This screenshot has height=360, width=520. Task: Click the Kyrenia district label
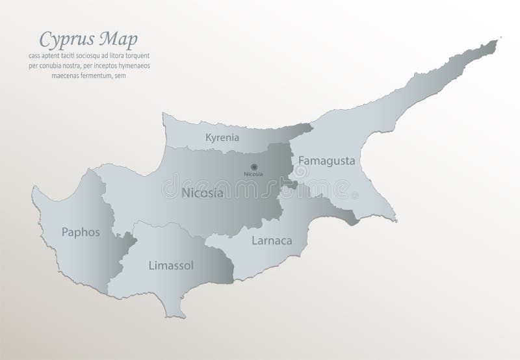point(222,138)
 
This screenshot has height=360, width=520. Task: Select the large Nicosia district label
point(203,193)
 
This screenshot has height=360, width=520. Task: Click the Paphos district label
point(81,231)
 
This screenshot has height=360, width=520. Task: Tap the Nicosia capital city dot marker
point(253,167)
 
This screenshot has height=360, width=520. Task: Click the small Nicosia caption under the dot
point(253,175)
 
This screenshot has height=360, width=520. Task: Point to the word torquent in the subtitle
point(153,57)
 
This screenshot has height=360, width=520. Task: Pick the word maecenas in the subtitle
point(66,75)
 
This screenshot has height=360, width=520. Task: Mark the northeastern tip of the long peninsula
point(499,41)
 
